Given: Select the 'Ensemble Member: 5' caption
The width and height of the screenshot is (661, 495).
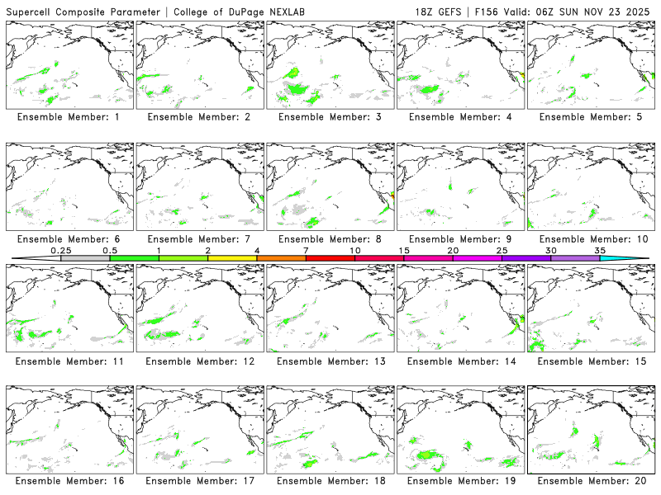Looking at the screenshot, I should tap(591, 117).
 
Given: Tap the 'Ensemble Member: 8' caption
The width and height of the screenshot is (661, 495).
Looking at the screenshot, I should tap(330, 239).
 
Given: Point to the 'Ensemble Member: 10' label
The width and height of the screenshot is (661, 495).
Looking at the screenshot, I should tap(591, 239).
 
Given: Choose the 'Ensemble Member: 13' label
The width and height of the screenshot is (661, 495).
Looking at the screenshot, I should tap(330, 361).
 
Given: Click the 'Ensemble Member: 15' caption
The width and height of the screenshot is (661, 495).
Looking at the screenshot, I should tap(591, 361).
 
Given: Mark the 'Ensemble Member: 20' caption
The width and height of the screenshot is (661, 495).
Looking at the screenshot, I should tap(591, 481).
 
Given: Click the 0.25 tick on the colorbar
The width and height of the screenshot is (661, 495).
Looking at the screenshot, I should tap(60, 250).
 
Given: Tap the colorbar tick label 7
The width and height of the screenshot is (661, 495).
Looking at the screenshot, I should tap(306, 250).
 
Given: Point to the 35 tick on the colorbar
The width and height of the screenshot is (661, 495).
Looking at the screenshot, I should tap(600, 250).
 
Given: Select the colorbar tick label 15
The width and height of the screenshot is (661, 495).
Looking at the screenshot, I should tap(404, 250).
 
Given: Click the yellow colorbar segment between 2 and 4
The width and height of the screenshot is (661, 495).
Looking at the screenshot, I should tap(232, 258).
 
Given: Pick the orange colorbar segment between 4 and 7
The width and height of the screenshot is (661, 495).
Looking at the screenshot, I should tap(281, 258).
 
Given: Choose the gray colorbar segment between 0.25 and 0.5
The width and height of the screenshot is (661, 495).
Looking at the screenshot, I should tap(85, 258).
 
